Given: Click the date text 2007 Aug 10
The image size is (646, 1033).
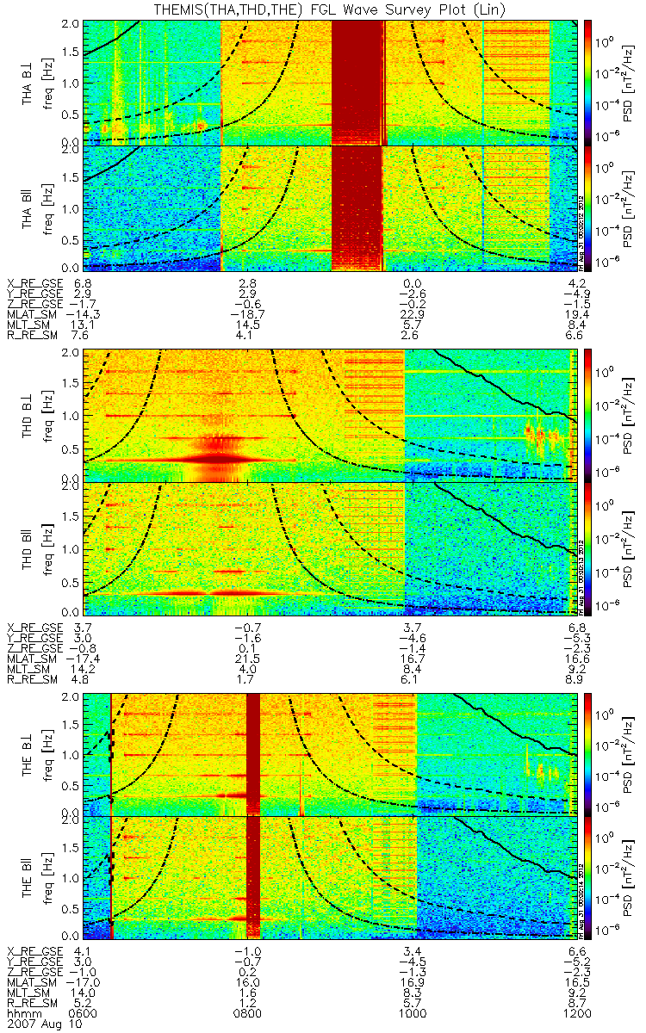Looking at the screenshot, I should (37, 1024).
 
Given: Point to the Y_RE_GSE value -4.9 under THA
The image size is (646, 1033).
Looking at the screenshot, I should (578, 294).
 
